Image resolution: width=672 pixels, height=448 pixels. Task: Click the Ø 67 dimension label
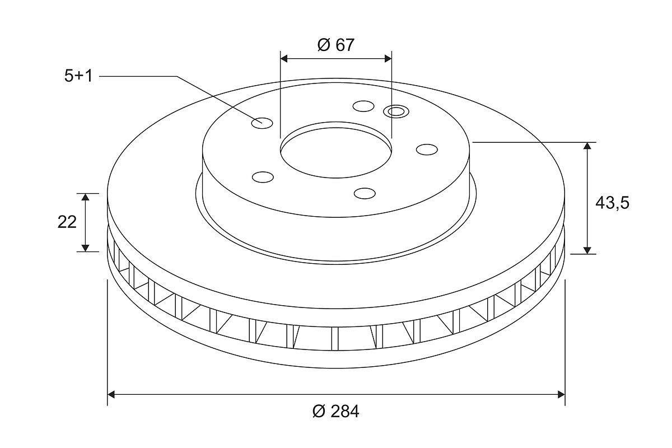tap(335, 45)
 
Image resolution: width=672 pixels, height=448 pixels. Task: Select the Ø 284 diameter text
tap(335, 412)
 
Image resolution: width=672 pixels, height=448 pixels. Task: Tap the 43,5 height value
tap(612, 204)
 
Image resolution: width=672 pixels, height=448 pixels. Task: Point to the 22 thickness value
tap(67, 222)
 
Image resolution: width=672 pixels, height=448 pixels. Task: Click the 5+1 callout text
tap(78, 76)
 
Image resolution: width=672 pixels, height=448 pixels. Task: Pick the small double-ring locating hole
tap(396, 111)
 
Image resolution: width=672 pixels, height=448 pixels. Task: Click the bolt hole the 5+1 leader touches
tap(262, 123)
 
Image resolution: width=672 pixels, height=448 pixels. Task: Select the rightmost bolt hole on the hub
tap(427, 150)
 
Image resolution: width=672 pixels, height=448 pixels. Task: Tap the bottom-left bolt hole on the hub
tap(263, 177)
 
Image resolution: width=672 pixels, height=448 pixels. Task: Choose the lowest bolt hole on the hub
tap(365, 194)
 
